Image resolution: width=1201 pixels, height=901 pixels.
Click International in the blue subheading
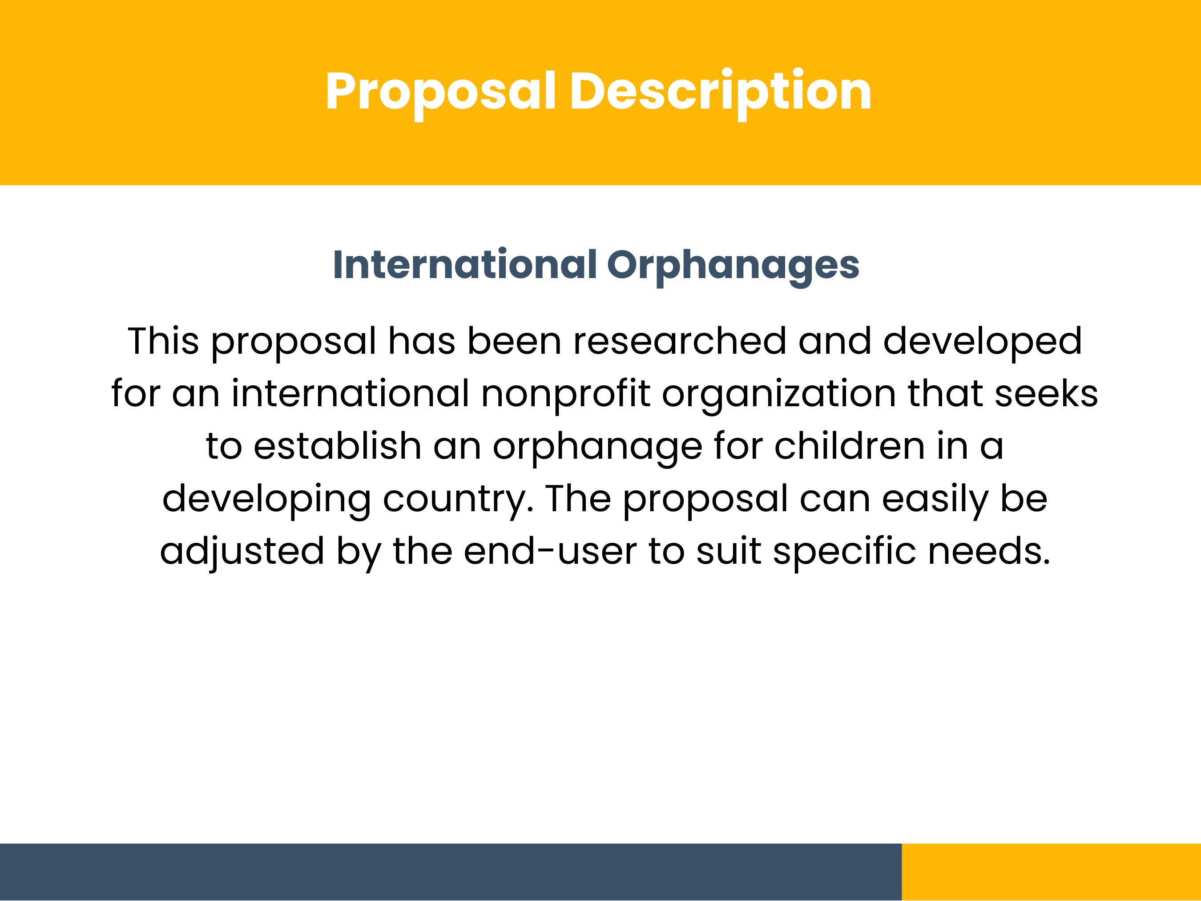pos(464,265)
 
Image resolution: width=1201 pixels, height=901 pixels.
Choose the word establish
pos(337,446)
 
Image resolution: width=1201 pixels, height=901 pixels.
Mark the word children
pos(849,446)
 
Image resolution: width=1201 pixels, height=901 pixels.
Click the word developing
pos(266,499)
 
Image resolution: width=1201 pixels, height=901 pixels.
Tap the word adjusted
pos(242,551)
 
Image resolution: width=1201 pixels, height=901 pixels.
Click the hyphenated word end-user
pos(549,551)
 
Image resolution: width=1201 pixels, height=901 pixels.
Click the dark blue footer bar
pos(451,872)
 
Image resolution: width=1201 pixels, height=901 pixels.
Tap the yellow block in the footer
pos(1051,872)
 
